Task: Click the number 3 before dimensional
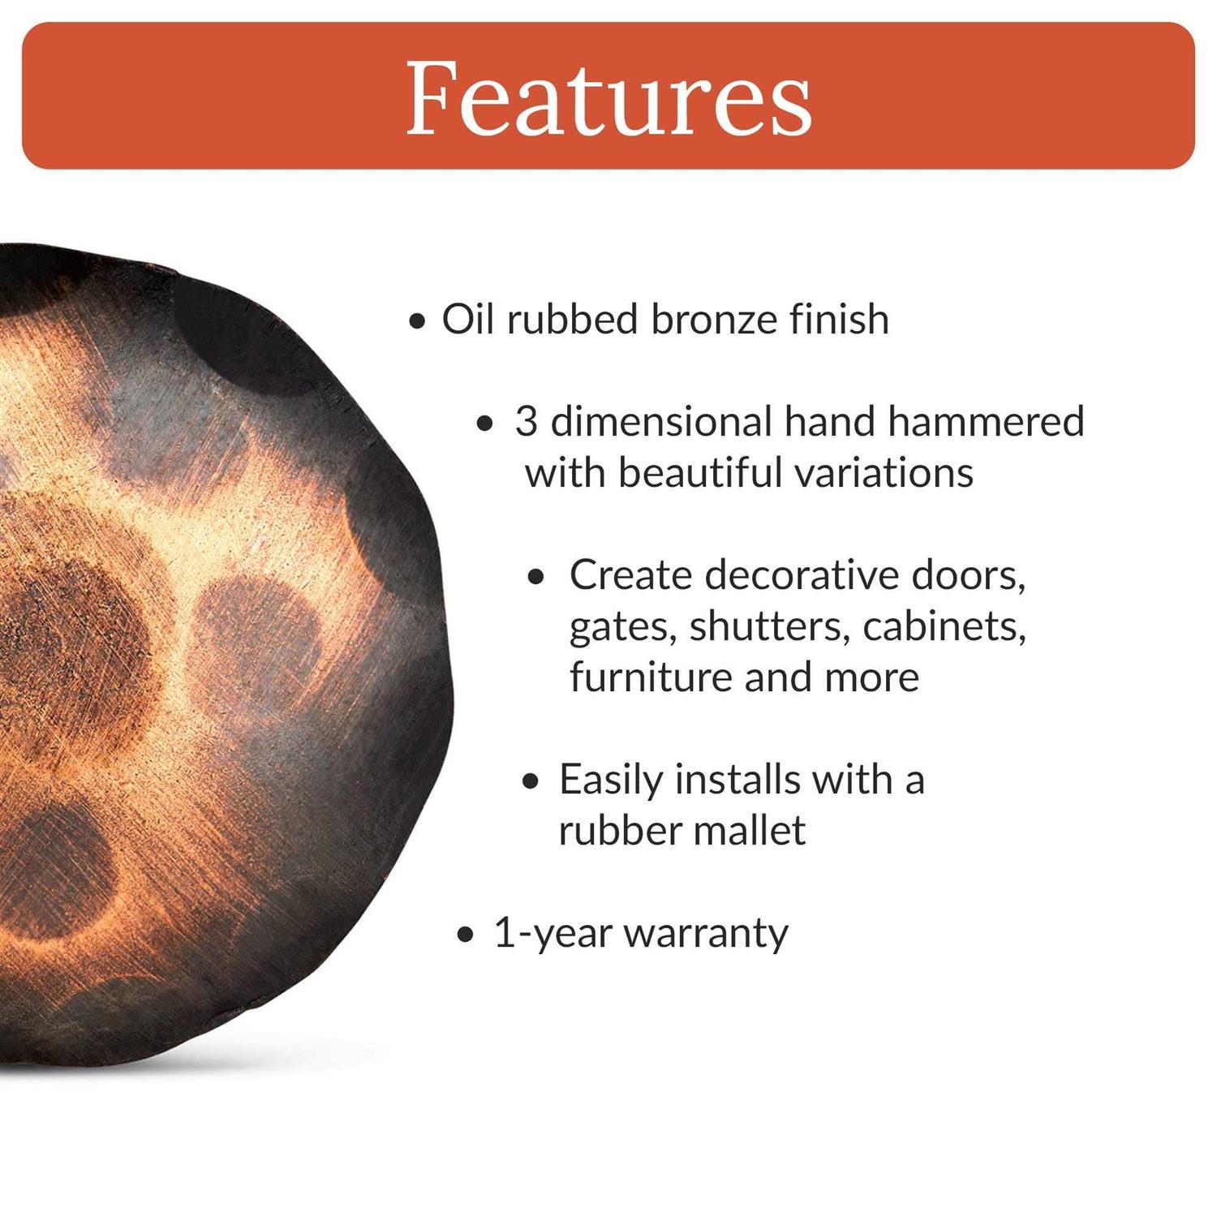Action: pyautogui.click(x=526, y=422)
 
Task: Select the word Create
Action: pyautogui.click(x=630, y=575)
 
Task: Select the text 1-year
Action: pyautogui.click(x=553, y=933)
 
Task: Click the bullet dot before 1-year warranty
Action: pyautogui.click(x=465, y=935)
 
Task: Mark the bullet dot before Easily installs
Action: pyautogui.click(x=531, y=782)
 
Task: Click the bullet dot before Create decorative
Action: pyautogui.click(x=535, y=578)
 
